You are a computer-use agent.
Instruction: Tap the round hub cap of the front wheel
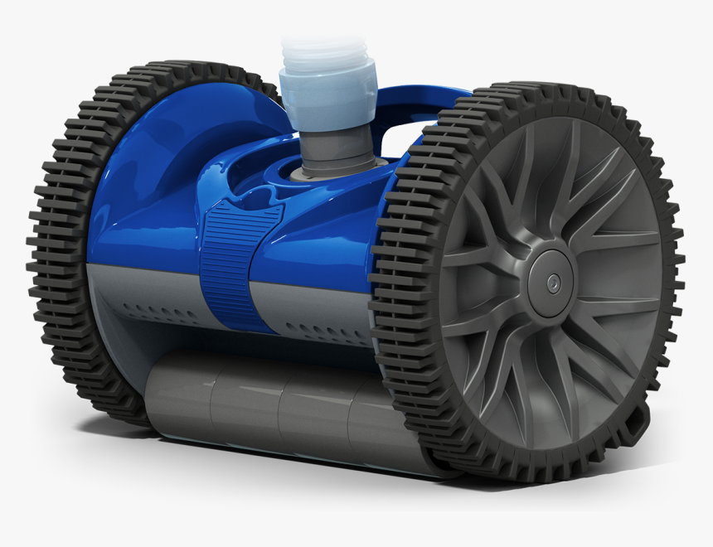pos(548,279)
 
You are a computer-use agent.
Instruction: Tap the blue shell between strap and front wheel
pos(332,240)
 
